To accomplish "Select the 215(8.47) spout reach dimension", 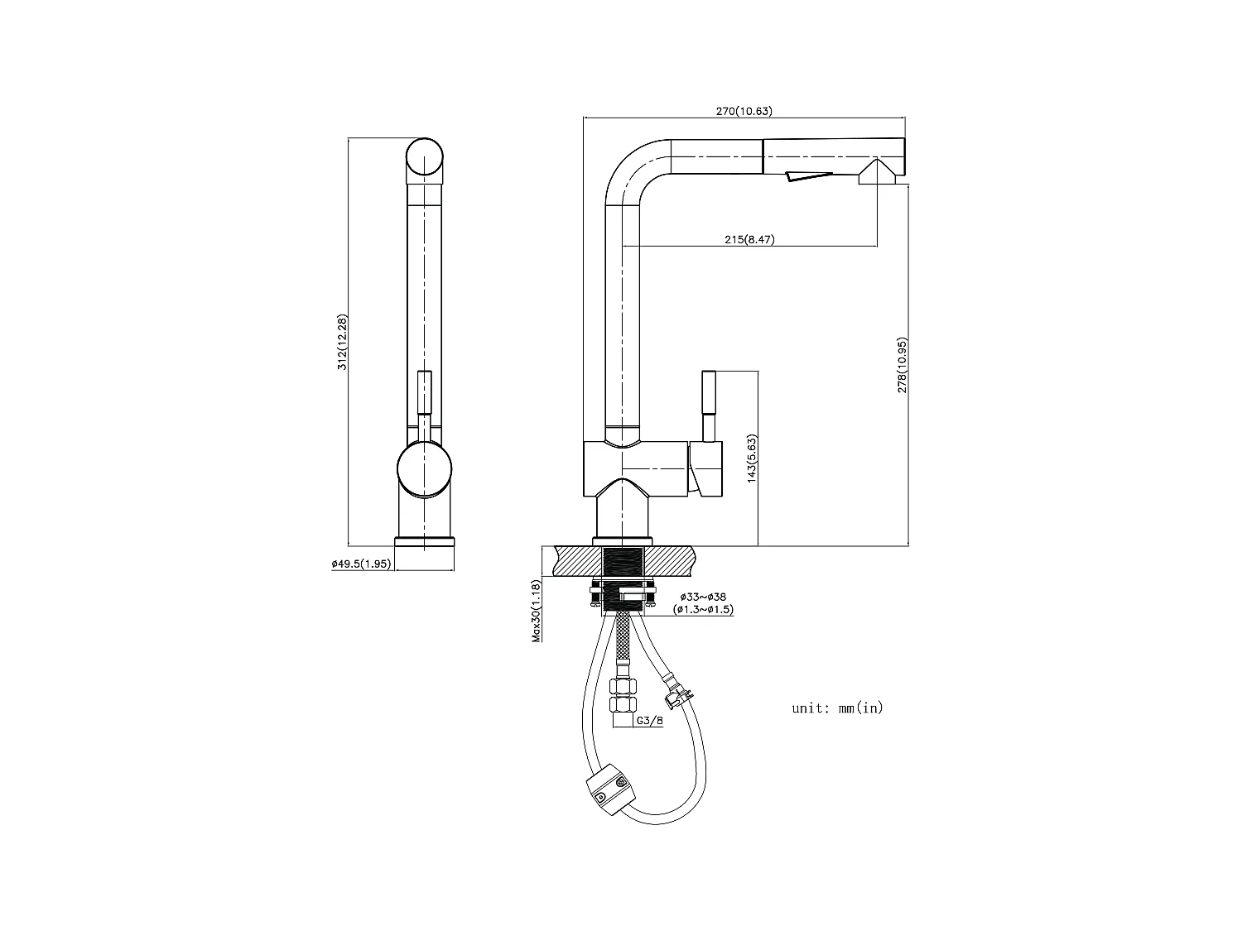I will point(749,240).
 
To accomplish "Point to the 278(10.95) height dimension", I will point(903,364).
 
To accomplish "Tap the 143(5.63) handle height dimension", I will point(752,458).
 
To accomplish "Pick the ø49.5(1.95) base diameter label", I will point(360,564).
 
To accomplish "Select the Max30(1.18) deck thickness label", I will point(537,611).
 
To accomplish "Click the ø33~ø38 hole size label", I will point(703,597).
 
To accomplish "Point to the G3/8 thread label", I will point(649,721).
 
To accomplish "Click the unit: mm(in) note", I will point(837,708).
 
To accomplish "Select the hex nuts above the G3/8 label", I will point(623,695).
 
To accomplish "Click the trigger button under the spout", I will point(808,175).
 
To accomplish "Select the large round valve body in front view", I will point(425,469).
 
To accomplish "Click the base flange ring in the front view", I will point(425,541).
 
